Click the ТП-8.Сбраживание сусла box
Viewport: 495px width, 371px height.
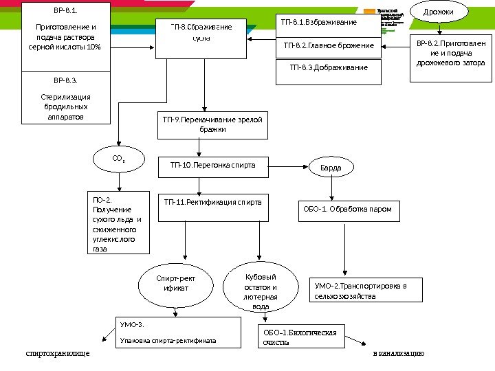click(201, 32)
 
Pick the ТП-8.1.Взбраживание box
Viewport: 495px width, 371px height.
click(328, 23)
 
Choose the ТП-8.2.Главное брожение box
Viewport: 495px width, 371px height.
click(328, 46)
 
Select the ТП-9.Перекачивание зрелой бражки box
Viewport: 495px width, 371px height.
click(212, 124)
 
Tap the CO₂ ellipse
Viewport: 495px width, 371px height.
click(118, 159)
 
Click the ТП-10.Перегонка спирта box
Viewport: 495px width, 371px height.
click(212, 166)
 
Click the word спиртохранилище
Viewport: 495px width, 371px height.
click(57, 354)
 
